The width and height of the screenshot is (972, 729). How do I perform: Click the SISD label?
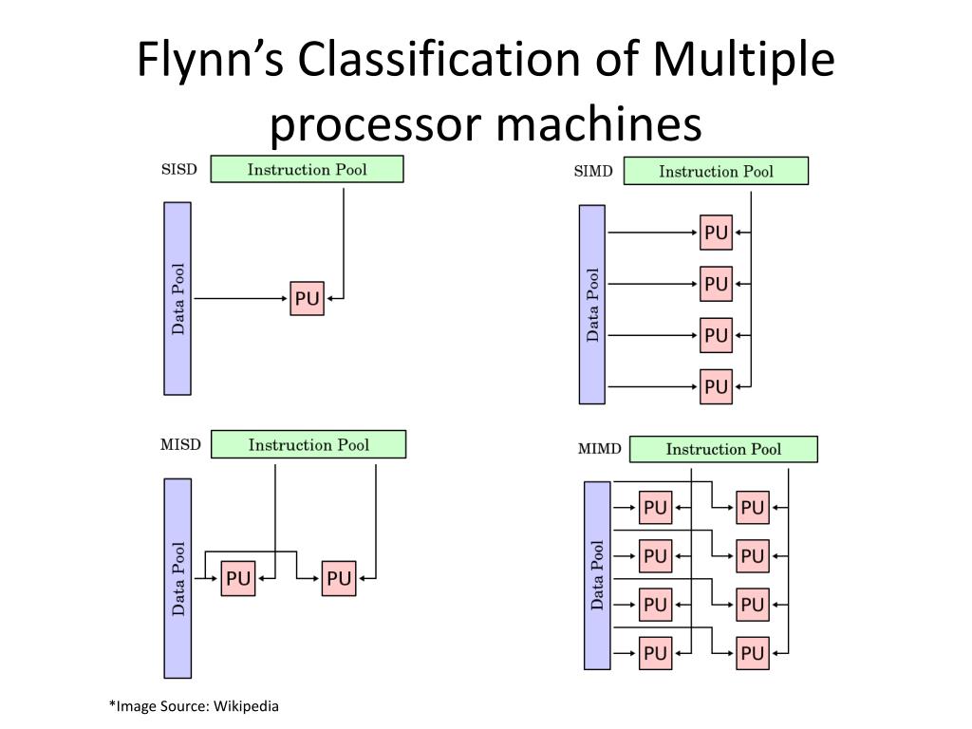tap(179, 171)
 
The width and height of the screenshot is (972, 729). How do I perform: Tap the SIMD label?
tap(593, 172)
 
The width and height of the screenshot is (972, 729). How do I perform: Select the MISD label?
tap(180, 444)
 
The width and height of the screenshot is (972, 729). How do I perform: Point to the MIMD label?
tap(599, 448)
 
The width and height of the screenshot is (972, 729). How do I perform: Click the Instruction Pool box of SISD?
tap(307, 170)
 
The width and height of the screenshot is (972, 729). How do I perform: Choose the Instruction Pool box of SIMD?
tap(716, 172)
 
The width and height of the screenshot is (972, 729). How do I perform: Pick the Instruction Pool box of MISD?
tap(308, 444)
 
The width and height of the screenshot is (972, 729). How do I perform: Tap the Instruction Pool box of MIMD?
tap(723, 449)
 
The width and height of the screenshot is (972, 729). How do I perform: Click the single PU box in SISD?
tap(307, 299)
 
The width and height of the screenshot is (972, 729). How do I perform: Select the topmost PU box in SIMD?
tap(716, 233)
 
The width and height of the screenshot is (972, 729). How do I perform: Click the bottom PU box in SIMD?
tap(716, 386)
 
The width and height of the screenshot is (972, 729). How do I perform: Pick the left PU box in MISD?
tap(238, 578)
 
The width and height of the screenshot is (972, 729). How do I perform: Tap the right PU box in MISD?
tap(338, 578)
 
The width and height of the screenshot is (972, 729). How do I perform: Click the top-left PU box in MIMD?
tap(655, 507)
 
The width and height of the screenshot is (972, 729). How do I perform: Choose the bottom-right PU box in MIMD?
tap(752, 653)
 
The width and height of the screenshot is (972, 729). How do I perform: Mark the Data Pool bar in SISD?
tap(178, 298)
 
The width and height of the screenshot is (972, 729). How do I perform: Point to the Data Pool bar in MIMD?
tap(597, 575)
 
